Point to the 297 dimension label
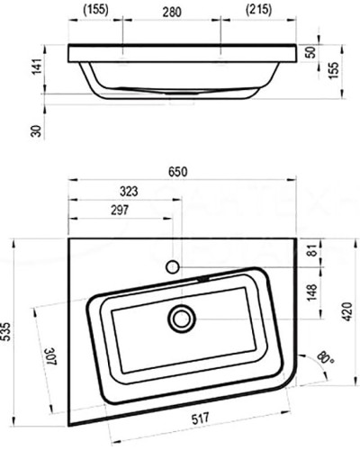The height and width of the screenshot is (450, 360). click(119, 210)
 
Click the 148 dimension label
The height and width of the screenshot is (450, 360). click(312, 292)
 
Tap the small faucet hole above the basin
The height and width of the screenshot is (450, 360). click(173, 266)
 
